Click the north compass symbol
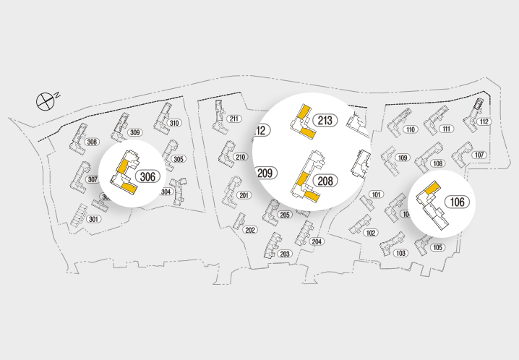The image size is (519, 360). point(46,100)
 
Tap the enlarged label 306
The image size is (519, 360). point(147,176)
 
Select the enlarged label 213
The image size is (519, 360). point(325,120)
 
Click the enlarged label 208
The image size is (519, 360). point(325,181)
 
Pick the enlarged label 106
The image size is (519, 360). point(457,202)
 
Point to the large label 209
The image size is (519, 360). point(265,173)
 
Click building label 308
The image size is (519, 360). point(92,142)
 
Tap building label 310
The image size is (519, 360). point(174,123)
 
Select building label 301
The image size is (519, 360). point(93,219)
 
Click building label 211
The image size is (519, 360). point(233,119)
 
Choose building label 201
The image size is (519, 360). point(244,195)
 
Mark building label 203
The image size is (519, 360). point(285,254)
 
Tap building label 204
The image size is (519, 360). point(317,241)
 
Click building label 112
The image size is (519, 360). point(484,121)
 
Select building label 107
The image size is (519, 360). point(479,155)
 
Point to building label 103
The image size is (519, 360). point(401,253)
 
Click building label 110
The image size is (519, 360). point(411,130)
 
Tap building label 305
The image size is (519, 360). point(179,159)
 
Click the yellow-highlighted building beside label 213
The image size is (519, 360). point(303,121)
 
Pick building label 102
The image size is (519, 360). point(371,233)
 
